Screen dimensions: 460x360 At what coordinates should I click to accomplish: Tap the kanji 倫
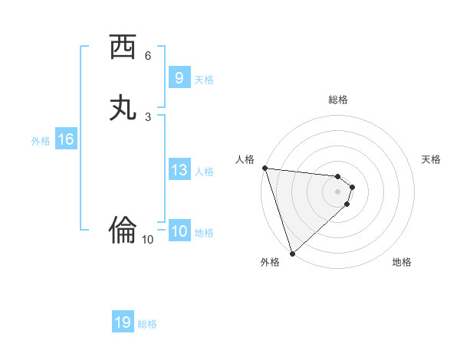[x=123, y=228]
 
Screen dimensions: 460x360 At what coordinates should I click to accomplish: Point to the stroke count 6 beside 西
[x=148, y=56]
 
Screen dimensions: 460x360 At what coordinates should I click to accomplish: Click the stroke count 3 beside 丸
[x=148, y=116]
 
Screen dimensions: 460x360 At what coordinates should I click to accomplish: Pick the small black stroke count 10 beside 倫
[x=148, y=240]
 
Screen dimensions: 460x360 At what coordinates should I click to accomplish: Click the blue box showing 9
[x=179, y=77]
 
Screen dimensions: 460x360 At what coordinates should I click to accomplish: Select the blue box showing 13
[x=179, y=170]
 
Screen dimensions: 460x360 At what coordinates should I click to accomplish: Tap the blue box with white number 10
[x=179, y=231]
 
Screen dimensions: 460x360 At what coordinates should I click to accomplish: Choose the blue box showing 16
[x=65, y=139]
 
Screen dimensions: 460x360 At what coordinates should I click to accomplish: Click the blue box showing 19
[x=123, y=322]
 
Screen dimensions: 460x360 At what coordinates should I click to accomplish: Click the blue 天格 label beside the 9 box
[x=204, y=80]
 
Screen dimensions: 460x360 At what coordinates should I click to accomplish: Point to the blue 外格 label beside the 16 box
[x=40, y=141]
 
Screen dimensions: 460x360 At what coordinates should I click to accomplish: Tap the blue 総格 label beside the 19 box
[x=147, y=324]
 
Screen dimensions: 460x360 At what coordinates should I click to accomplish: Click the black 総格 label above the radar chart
[x=337, y=100]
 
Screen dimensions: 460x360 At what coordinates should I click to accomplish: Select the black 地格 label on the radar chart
[x=402, y=262]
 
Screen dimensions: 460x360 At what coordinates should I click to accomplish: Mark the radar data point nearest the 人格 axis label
[x=264, y=168]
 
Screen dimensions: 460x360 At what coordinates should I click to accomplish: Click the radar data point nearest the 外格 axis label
[x=292, y=253]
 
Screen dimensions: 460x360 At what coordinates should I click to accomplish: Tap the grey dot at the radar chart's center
[x=337, y=191]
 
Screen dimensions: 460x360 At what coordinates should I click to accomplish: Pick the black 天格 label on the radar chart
[x=431, y=159]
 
